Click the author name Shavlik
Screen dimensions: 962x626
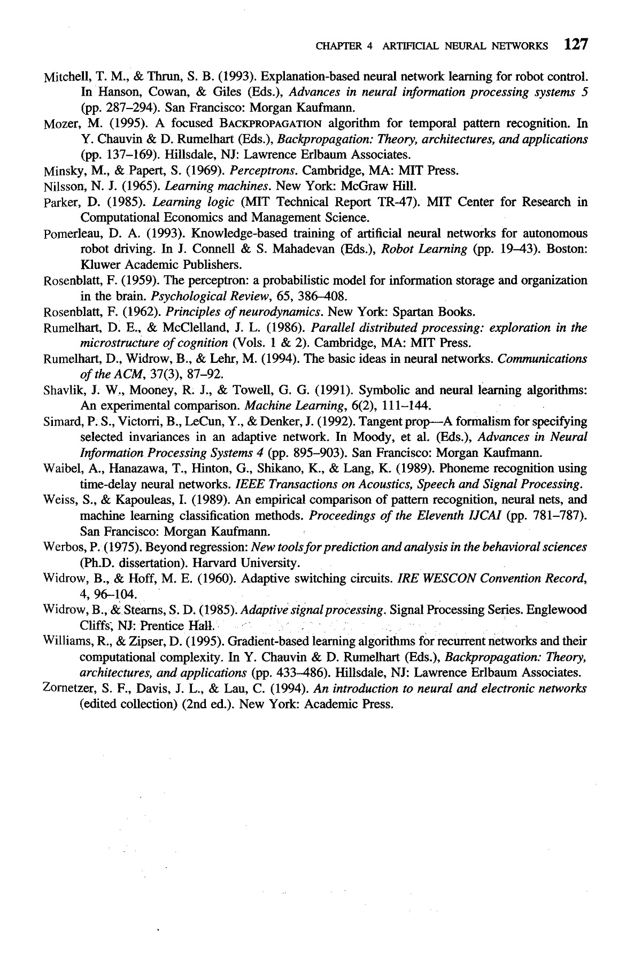tap(58, 390)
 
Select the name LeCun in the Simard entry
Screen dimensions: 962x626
tap(167, 422)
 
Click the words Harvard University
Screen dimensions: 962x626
tap(244, 563)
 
